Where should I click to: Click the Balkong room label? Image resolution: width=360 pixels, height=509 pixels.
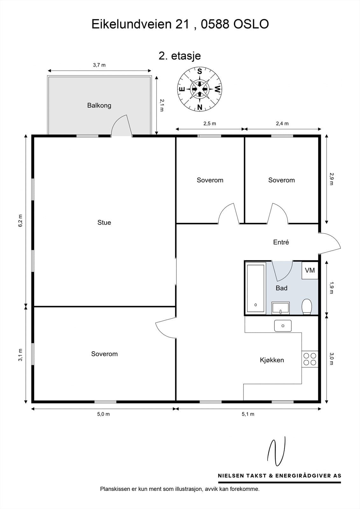pyautogui.click(x=99, y=105)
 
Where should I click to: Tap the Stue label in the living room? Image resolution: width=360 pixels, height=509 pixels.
pyautogui.click(x=104, y=222)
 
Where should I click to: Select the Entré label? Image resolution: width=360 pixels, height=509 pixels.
pyautogui.click(x=281, y=242)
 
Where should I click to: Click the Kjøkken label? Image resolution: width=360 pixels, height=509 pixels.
pyautogui.click(x=272, y=360)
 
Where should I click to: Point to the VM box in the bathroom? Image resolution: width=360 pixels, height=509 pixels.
pyautogui.click(x=310, y=270)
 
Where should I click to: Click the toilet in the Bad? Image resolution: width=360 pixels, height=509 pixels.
pyautogui.click(x=307, y=307)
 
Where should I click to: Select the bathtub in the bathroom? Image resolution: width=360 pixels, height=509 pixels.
pyautogui.click(x=256, y=288)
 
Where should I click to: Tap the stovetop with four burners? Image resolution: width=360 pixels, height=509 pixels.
pyautogui.click(x=310, y=359)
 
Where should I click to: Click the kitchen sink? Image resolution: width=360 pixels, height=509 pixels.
pyautogui.click(x=283, y=326)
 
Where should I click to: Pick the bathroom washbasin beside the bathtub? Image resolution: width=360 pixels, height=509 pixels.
pyautogui.click(x=280, y=308)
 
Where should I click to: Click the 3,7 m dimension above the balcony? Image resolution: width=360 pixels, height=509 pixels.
pyautogui.click(x=99, y=65)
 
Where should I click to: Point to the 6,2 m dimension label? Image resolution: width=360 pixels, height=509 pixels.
pyautogui.click(x=20, y=221)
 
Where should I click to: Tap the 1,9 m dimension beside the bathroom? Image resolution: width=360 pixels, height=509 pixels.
pyautogui.click(x=331, y=288)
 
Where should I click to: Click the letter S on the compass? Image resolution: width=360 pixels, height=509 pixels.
pyautogui.click(x=200, y=71)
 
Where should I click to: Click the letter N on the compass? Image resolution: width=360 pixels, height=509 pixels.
pyautogui.click(x=200, y=107)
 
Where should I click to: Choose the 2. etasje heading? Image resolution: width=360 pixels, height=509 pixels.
pyautogui.click(x=180, y=56)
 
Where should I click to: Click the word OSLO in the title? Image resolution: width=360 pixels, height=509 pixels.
pyautogui.click(x=251, y=24)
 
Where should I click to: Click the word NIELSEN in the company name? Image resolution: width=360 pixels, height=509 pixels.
pyautogui.click(x=231, y=475)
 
